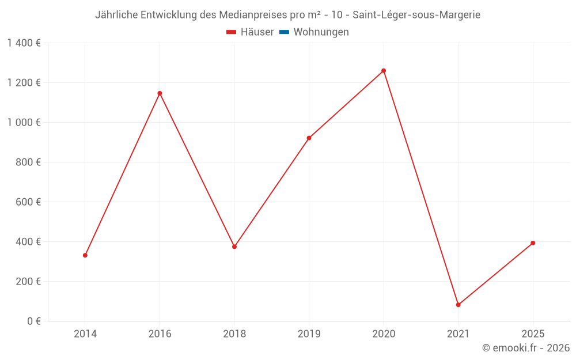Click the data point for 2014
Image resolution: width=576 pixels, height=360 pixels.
tap(85, 255)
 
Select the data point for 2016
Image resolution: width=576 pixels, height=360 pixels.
tap(160, 93)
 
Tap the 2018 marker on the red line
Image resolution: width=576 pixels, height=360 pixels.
tap(234, 247)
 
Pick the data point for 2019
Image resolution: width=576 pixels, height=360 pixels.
tap(309, 138)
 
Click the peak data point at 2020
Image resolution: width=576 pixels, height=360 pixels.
tap(384, 71)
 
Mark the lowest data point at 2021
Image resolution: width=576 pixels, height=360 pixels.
tap(458, 305)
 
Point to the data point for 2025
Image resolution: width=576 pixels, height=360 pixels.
tap(533, 243)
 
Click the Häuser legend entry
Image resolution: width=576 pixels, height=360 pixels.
tap(250, 32)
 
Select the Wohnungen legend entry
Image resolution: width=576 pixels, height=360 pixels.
tap(314, 32)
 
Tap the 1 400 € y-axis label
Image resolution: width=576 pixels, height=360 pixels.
tap(24, 43)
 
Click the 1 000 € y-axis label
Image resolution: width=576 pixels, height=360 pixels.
tap(24, 123)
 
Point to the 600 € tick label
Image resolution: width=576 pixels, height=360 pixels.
tap(28, 202)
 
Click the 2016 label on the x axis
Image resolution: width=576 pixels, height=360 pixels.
tap(160, 334)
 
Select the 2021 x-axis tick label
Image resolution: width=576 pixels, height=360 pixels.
tap(458, 334)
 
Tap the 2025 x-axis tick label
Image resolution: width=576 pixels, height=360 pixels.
tap(533, 334)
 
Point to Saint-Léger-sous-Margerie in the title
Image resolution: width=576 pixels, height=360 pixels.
tap(416, 15)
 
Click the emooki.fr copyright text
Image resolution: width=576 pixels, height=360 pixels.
tap(526, 348)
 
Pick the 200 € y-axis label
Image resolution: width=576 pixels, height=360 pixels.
tap(28, 282)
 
